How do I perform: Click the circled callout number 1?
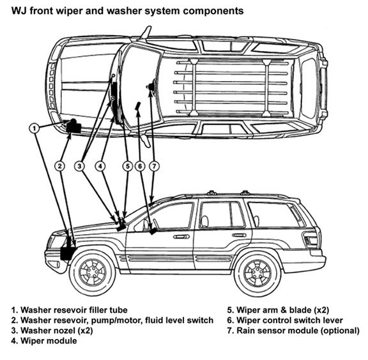tap(34, 128)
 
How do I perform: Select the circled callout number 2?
tap(60, 167)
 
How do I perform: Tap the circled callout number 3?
tap(79, 167)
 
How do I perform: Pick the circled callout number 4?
tap(100, 167)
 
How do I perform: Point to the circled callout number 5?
tap(127, 167)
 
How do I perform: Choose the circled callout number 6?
tap(140, 167)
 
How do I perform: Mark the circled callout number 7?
tap(154, 167)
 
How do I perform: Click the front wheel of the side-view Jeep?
tap(92, 273)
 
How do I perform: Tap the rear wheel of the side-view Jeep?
tap(257, 273)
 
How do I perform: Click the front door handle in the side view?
tap(181, 237)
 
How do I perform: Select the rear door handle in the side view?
tap(239, 235)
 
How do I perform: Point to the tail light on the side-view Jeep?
tap(311, 239)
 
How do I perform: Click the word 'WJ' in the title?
tap(19, 11)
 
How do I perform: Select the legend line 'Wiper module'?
tap(44, 341)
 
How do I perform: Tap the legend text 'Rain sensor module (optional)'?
tap(293, 331)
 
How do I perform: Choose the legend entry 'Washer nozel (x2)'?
tap(52, 331)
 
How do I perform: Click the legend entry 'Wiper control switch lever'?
tap(285, 320)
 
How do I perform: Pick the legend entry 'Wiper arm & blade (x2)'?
tap(278, 310)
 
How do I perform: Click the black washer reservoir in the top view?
tap(73, 126)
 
